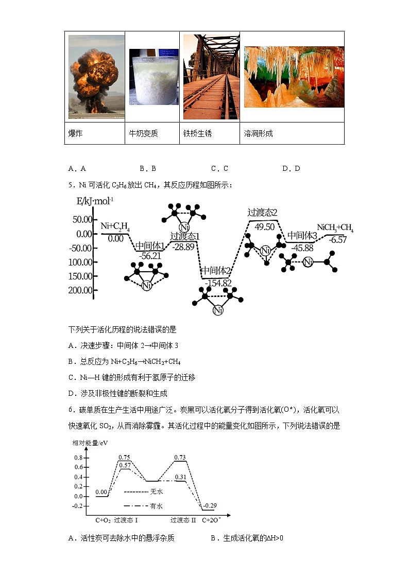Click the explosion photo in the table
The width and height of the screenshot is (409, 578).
click(96, 77)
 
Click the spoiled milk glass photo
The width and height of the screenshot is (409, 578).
click(154, 77)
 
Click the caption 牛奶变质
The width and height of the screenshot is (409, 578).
click(143, 134)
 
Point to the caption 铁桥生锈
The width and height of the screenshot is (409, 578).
click(197, 134)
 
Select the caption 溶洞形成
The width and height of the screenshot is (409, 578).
click(258, 134)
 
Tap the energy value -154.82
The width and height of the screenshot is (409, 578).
click(218, 283)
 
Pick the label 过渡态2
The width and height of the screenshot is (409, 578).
click(262, 212)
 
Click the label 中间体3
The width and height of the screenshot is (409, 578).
click(302, 235)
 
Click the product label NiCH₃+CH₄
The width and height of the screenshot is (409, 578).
click(335, 228)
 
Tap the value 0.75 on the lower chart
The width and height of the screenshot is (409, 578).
click(124, 457)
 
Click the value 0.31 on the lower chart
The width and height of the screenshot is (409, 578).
click(180, 477)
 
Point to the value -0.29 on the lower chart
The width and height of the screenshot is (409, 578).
click(209, 506)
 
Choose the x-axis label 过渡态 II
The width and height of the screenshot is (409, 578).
click(183, 520)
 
